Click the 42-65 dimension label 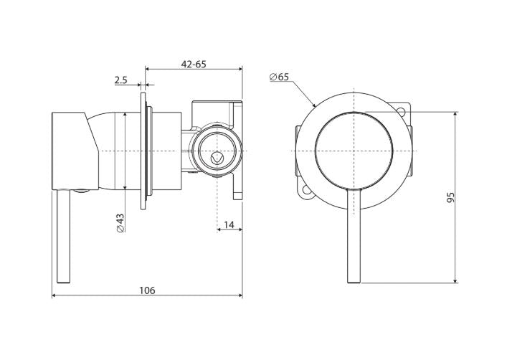(194, 64)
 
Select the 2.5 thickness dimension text (121, 80)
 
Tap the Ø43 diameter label (120, 222)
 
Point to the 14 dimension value (229, 224)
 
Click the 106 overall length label (147, 290)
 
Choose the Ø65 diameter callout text (279, 77)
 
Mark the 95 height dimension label (450, 197)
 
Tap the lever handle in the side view (63, 237)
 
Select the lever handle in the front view (354, 235)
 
